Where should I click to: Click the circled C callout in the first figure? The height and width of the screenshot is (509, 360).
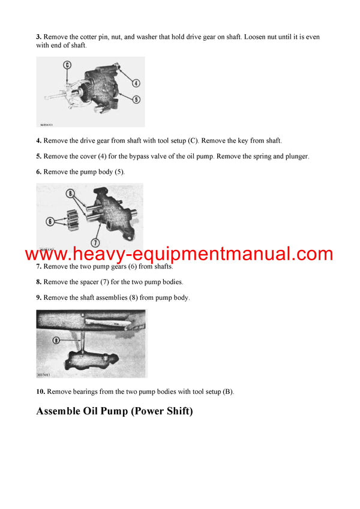(67, 65)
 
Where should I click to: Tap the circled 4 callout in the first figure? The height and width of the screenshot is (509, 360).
(136, 83)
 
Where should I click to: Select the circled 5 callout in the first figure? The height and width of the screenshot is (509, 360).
(136, 99)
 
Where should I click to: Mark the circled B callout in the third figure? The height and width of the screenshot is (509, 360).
(56, 339)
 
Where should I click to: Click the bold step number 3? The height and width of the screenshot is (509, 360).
(38, 37)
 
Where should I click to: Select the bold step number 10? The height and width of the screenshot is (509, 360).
(40, 392)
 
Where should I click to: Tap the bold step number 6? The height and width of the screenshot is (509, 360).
(38, 171)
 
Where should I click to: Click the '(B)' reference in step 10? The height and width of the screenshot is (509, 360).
(228, 392)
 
